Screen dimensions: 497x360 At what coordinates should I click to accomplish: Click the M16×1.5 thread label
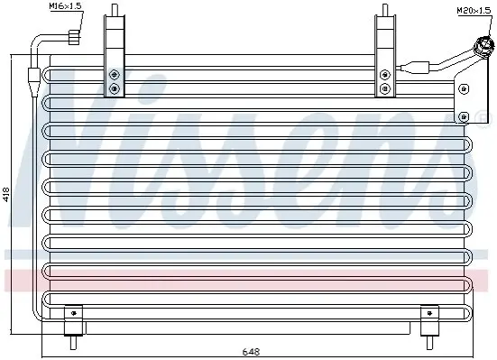click(x=66, y=6)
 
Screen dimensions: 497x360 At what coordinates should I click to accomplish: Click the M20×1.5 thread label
click(x=474, y=11)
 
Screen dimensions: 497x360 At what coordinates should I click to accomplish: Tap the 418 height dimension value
click(x=6, y=194)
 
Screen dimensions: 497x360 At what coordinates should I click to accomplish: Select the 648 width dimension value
click(x=251, y=352)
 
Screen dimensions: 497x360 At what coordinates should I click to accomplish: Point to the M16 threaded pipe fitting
click(x=74, y=37)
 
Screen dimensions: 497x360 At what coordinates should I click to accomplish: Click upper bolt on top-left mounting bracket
click(x=115, y=75)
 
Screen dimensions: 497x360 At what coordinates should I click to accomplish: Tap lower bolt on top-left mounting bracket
click(x=115, y=88)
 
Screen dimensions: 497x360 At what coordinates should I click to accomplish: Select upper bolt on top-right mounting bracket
click(x=385, y=75)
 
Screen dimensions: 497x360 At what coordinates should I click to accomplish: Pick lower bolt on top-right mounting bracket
click(x=385, y=88)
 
